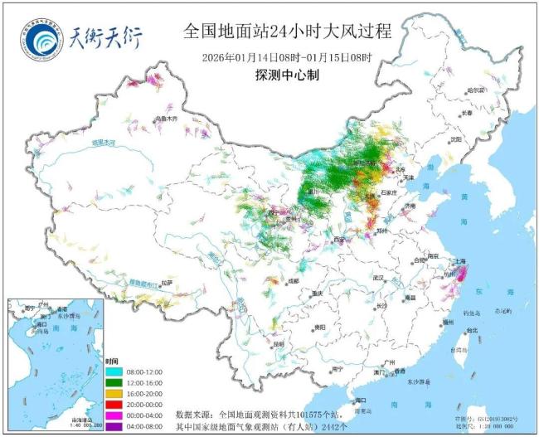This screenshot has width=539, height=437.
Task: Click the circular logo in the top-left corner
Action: click(39, 38)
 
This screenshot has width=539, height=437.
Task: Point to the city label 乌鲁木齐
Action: click(166, 119)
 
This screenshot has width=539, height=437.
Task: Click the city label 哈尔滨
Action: click(474, 90)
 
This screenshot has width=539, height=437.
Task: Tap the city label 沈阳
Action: click(456, 140)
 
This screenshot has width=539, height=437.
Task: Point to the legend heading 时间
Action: click(111, 361)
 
